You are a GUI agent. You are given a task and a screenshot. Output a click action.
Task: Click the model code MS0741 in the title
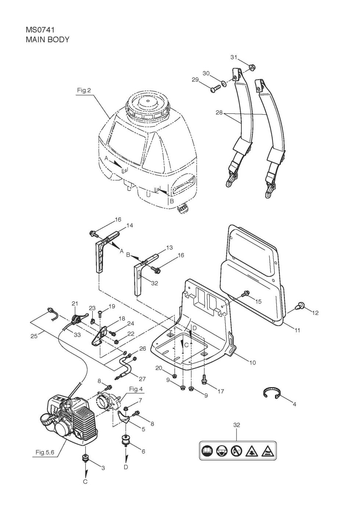click(x=40, y=30)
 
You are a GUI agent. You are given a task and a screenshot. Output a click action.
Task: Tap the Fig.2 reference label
click(x=84, y=90)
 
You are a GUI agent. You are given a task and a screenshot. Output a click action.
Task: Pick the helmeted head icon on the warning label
click(x=222, y=450)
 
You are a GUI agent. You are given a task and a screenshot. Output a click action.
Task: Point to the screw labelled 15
click(x=246, y=293)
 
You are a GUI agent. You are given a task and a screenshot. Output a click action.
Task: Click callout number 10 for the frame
click(x=252, y=362)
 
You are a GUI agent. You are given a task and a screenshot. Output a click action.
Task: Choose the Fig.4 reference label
click(x=136, y=389)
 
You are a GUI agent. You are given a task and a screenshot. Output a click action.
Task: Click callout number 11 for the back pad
click(x=297, y=331)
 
